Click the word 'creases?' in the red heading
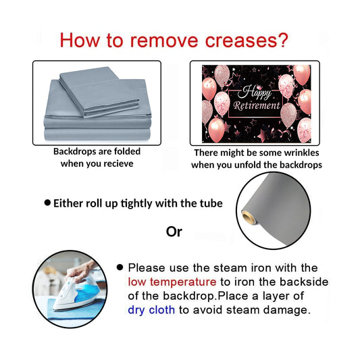click(x=247, y=41)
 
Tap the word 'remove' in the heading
click(x=164, y=41)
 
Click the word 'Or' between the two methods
click(x=174, y=232)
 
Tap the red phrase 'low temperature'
click(x=172, y=282)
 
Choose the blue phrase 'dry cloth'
click(x=151, y=310)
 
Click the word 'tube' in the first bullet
click(x=213, y=203)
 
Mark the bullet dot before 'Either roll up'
click(x=47, y=203)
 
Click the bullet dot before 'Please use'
click(x=120, y=267)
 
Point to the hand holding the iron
click(x=82, y=271)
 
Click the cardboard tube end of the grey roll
click(x=249, y=217)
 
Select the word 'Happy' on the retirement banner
click(x=255, y=93)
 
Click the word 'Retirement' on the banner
click(x=257, y=106)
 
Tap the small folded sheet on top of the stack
click(x=99, y=92)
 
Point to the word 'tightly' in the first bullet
click(x=136, y=204)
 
